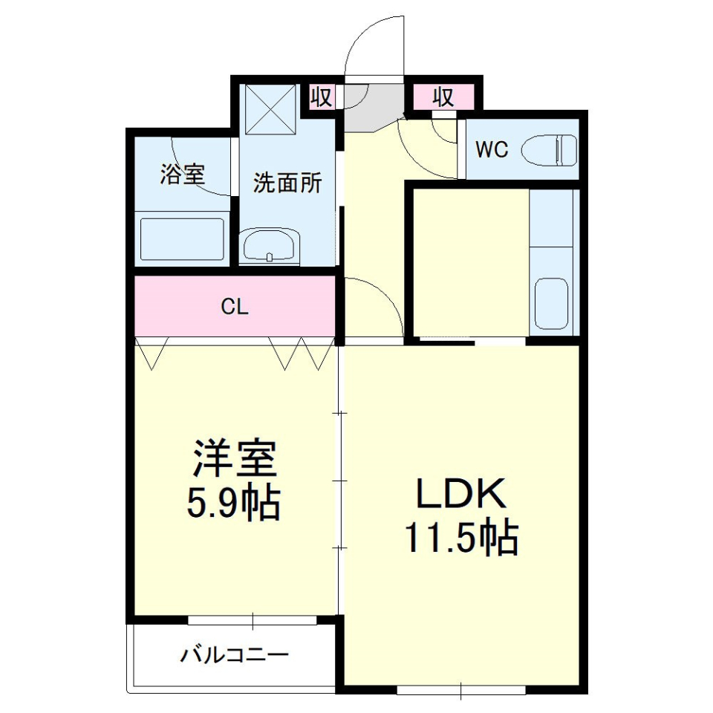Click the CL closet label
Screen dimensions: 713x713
pyautogui.click(x=235, y=307)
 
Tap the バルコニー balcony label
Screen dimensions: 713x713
pyautogui.click(x=234, y=655)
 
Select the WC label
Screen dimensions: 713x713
pyautogui.click(x=492, y=150)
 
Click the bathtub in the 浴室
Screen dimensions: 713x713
pyautogui.click(x=183, y=238)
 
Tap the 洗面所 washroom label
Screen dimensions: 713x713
pyautogui.click(x=287, y=183)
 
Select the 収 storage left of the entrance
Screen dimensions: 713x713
pyautogui.click(x=322, y=97)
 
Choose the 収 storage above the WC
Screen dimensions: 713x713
pyautogui.click(x=443, y=97)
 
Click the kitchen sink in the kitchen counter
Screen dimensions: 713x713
pyautogui.click(x=551, y=303)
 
